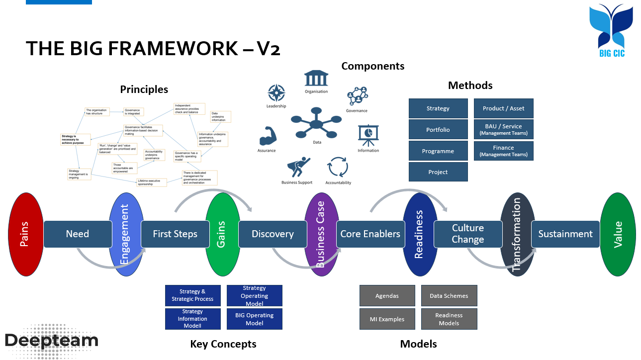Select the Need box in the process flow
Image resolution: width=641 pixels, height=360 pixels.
click(x=78, y=234)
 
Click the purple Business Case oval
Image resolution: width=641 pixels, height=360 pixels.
click(x=321, y=234)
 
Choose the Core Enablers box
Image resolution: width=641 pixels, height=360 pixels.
click(x=370, y=234)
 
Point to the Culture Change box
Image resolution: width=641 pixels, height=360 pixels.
click(x=467, y=234)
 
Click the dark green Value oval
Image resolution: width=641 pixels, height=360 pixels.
click(x=618, y=234)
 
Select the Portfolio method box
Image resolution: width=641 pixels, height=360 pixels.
click(x=438, y=130)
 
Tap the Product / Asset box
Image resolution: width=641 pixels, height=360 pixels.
click(x=503, y=108)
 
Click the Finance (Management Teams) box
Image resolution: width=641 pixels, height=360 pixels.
click(x=503, y=151)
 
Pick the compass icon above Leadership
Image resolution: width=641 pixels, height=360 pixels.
click(x=276, y=93)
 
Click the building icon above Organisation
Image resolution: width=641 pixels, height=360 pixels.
click(x=316, y=79)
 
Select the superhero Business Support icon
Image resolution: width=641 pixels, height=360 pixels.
click(x=298, y=167)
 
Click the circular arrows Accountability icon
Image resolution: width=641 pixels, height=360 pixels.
click(x=338, y=167)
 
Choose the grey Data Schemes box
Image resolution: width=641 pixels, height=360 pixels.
click(x=449, y=295)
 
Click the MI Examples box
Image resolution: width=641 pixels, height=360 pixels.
click(x=387, y=319)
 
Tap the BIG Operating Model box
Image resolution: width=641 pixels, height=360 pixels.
click(x=254, y=319)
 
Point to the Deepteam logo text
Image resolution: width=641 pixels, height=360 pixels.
click(x=52, y=340)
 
